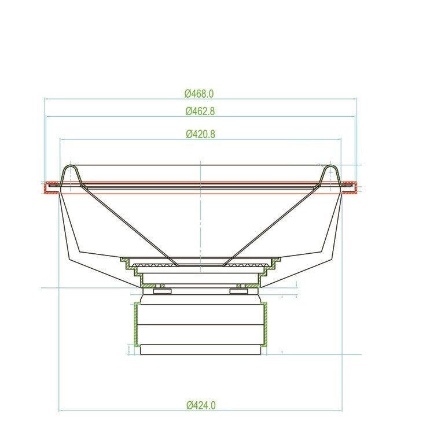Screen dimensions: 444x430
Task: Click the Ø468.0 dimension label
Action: tap(200, 93)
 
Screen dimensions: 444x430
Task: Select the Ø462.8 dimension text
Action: tap(200, 111)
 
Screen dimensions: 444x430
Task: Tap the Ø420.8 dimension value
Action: tap(200, 134)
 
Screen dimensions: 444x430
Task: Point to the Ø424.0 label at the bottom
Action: tap(201, 405)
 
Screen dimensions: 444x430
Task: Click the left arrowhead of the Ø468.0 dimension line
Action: tap(46, 99)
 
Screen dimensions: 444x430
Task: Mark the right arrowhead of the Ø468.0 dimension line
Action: tap(355, 99)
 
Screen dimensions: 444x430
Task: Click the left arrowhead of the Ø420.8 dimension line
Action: tap(61, 139)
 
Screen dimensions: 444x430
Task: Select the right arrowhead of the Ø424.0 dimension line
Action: tap(340, 411)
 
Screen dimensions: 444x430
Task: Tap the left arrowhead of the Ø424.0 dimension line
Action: tap(61, 411)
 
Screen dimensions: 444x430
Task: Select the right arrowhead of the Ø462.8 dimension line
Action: tap(353, 116)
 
